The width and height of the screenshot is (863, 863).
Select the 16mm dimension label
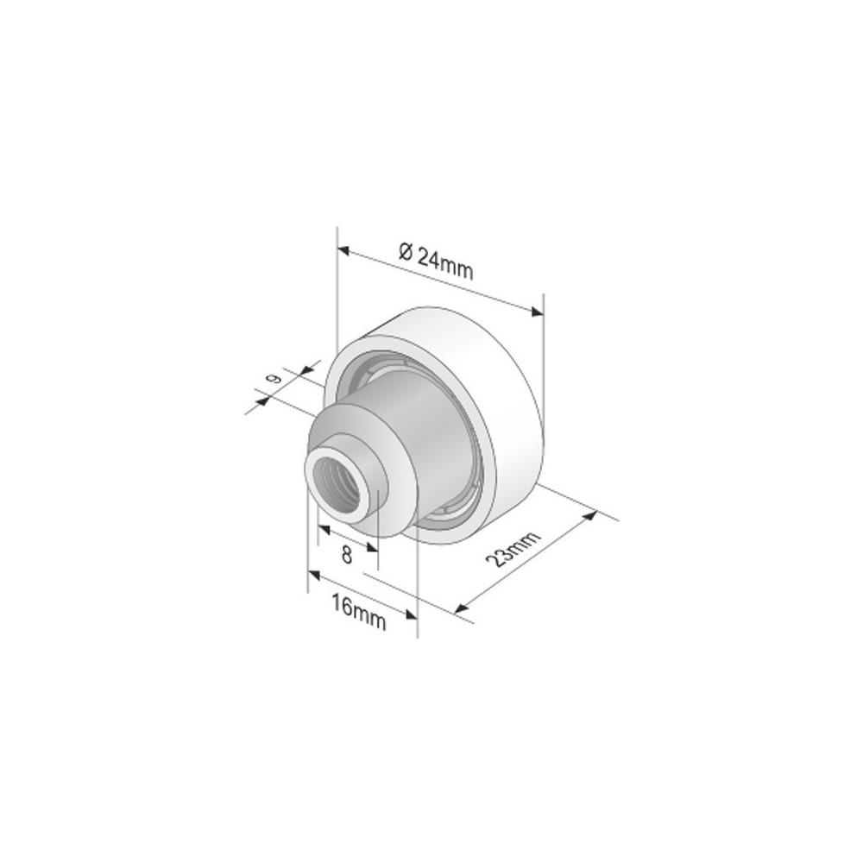click(359, 609)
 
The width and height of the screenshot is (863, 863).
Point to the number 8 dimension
click(347, 555)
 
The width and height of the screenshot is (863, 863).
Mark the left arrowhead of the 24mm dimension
click(343, 251)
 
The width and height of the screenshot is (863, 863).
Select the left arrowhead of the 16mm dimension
click(314, 575)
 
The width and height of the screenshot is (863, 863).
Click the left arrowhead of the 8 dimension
click(323, 528)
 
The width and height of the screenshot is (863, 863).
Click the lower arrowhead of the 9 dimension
click(261, 400)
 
